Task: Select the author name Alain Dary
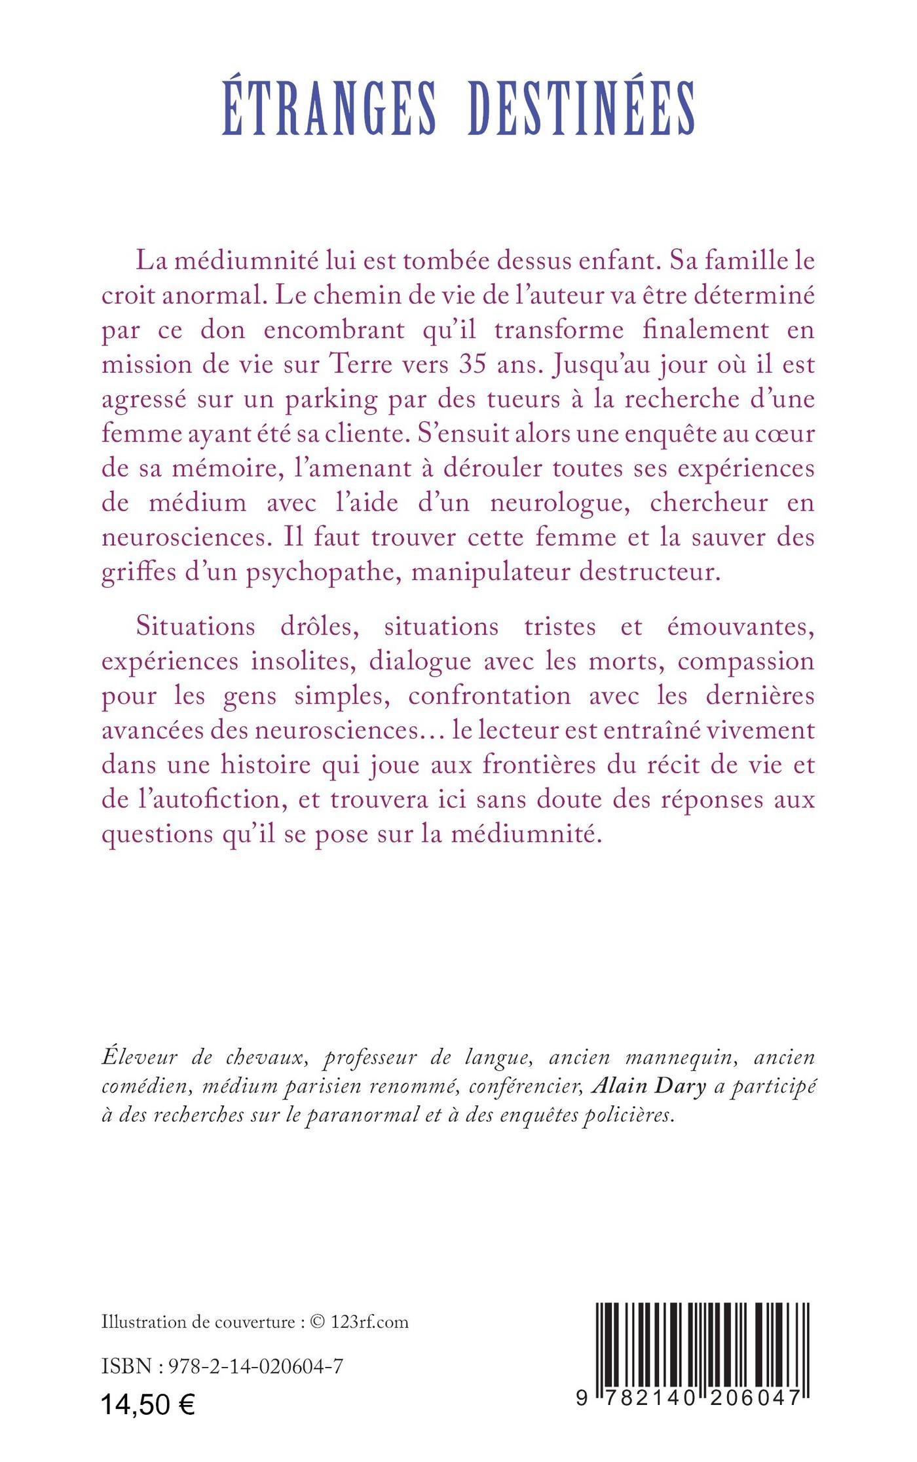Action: [648, 1087]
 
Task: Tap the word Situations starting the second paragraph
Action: [196, 626]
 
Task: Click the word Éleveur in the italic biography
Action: [138, 1057]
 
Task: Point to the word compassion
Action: [745, 661]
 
